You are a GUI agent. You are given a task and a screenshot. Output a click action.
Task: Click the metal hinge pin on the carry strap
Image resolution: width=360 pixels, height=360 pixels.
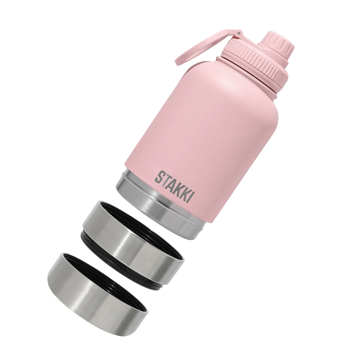pos(238,33)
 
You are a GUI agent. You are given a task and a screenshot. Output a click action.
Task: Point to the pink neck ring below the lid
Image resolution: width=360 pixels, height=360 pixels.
pos(248,77)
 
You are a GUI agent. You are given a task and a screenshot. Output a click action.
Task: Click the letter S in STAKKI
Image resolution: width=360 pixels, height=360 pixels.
pos(159,176)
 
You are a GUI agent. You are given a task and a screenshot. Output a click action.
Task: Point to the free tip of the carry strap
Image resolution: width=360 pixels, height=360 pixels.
pos(178,63)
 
